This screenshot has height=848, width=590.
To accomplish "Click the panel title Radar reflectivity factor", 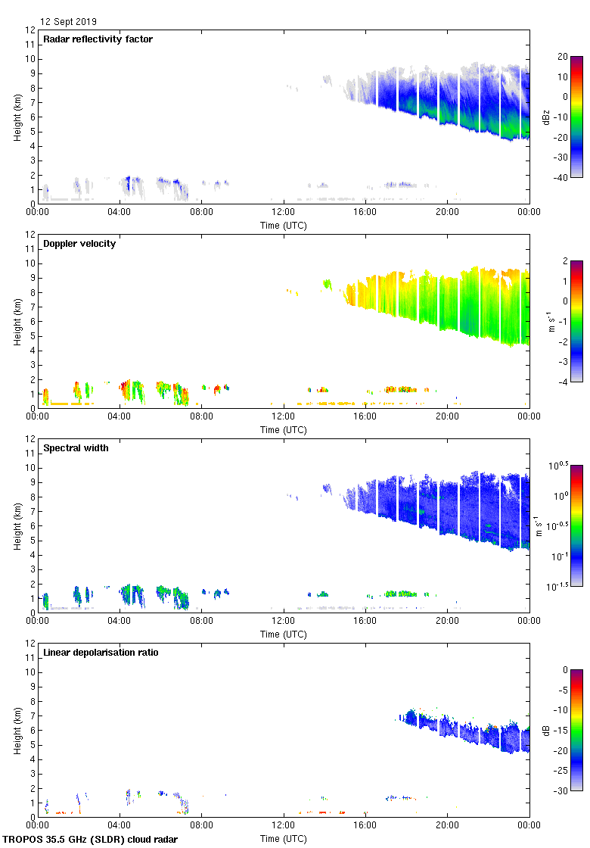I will point(98,39).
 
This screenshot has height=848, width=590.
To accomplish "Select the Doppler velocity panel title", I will point(79,244).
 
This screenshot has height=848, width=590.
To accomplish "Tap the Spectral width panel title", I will point(76,448).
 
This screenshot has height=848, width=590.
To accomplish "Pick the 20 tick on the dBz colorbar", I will point(562,57).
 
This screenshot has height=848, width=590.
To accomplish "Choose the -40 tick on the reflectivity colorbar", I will point(562,178).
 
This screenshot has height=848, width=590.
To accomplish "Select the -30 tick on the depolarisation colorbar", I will point(562,791).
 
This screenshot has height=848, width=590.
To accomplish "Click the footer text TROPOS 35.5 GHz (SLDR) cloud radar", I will point(91,840).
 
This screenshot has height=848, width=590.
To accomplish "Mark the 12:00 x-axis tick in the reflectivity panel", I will point(284,213).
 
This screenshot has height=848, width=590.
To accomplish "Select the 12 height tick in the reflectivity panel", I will point(30,30).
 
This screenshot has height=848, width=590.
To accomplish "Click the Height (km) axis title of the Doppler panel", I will point(17,321).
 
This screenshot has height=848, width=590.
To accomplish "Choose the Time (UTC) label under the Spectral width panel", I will point(284,634).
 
